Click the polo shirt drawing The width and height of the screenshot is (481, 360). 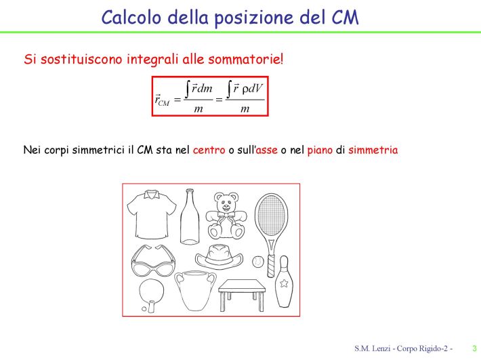click(x=152, y=214)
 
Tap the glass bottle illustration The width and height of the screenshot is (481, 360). click(x=190, y=217)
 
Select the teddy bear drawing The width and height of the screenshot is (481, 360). click(x=226, y=216)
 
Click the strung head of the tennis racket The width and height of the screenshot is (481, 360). click(x=271, y=215)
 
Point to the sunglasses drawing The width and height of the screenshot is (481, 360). click(x=153, y=261)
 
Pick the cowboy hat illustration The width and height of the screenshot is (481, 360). click(x=219, y=257)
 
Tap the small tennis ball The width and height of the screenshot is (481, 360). click(x=258, y=262)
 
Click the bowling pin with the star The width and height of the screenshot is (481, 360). click(x=283, y=281)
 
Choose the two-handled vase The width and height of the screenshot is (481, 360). click(x=195, y=290)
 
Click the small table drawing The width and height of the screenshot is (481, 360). click(x=242, y=295)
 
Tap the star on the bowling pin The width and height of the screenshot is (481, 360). click(x=284, y=283)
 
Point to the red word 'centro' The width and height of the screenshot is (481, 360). click(x=209, y=150)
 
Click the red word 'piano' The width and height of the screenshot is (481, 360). click(x=320, y=151)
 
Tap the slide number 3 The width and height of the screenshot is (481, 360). click(x=474, y=348)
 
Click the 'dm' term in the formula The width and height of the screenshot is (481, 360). click(x=205, y=88)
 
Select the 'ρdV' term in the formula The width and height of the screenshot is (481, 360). click(x=253, y=88)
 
